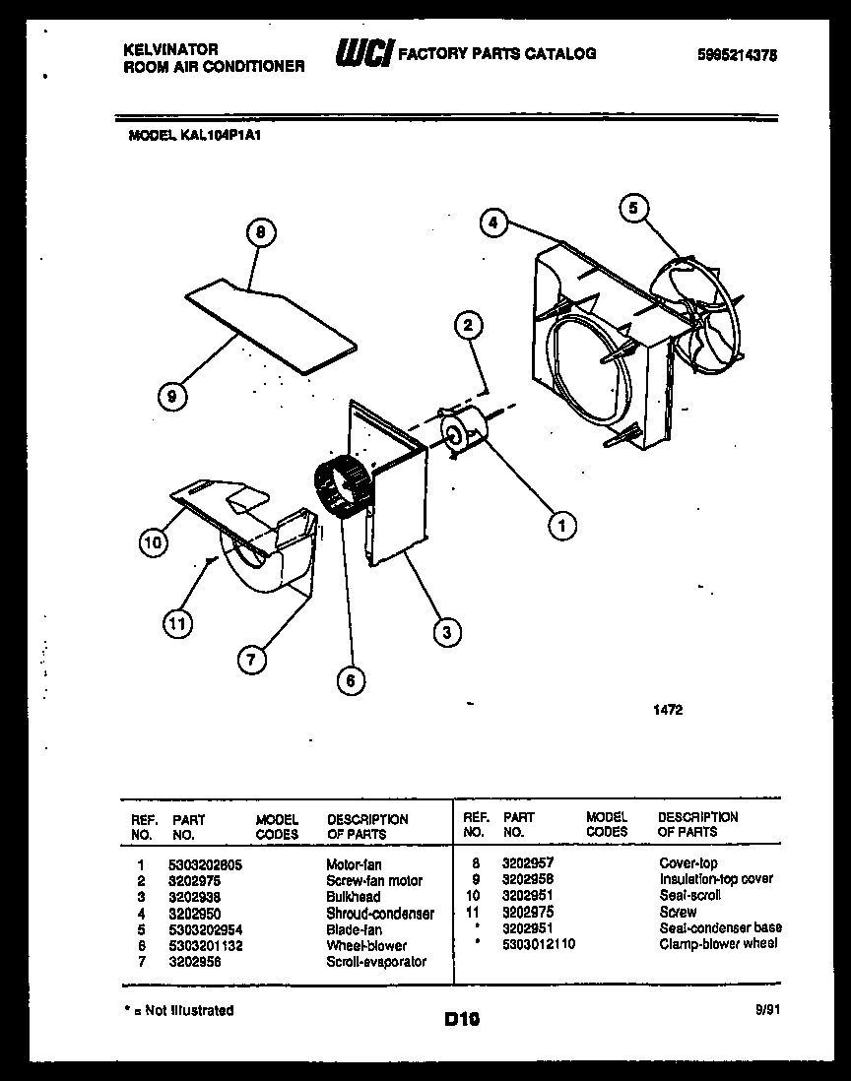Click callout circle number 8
tap(260, 233)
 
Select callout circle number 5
tap(634, 208)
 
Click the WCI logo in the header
tap(363, 55)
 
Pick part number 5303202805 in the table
tap(206, 863)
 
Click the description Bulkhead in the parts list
tap(353, 897)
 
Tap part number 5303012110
tap(538, 944)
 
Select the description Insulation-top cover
tap(716, 879)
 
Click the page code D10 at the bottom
tap(461, 1021)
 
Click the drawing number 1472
tap(667, 708)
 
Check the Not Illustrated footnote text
tap(180, 1010)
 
